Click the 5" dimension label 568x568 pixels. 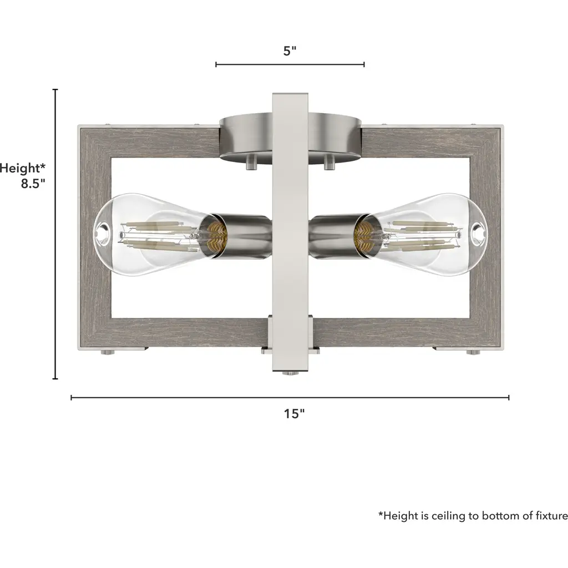pos(290,50)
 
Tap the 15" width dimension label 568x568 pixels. pos(294,413)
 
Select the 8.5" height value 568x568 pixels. pos(33,183)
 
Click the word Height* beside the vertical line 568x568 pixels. pos(23,168)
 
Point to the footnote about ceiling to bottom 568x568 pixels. pos(473,515)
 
